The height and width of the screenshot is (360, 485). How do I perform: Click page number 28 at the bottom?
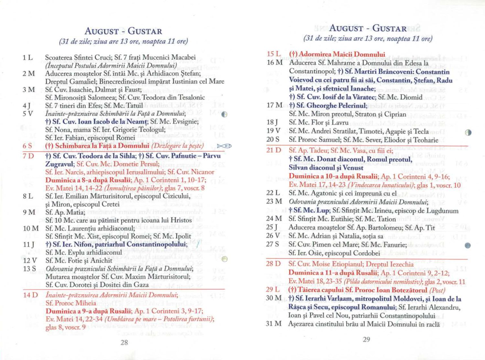click(x=124, y=343)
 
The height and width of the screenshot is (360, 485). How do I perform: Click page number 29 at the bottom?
click(x=366, y=339)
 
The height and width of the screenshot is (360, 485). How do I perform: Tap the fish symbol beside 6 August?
click(x=224, y=146)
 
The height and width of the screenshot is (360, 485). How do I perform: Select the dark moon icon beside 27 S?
click(x=468, y=245)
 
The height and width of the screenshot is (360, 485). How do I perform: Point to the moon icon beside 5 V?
click(x=225, y=115)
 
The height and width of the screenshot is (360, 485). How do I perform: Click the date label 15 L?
click(x=274, y=54)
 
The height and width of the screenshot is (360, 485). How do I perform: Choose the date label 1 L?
click(x=28, y=58)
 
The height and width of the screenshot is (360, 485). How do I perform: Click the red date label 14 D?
click(x=30, y=295)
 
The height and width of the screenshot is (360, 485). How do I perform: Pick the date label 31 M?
click(x=274, y=324)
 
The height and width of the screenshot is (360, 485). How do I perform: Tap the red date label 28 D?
click(x=274, y=264)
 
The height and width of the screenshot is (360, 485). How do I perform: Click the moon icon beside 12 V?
click(x=225, y=259)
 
